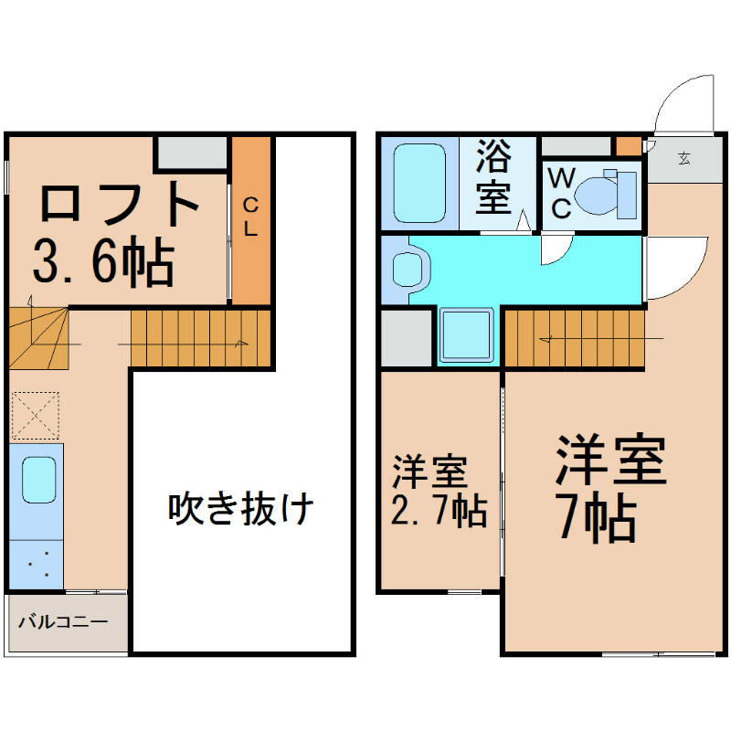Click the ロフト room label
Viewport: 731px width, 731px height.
pos(120,203)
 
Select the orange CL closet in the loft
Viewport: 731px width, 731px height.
pos(250,220)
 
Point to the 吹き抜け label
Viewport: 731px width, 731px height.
pos(241,508)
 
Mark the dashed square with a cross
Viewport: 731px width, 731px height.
pos(36,416)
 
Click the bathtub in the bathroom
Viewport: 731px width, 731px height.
pos(419,181)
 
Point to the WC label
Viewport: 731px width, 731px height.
pos(561,193)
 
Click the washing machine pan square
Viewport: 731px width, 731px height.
pos(467,335)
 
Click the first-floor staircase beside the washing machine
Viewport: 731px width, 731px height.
pos(574,337)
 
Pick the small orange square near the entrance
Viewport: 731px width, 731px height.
pos(628,145)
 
